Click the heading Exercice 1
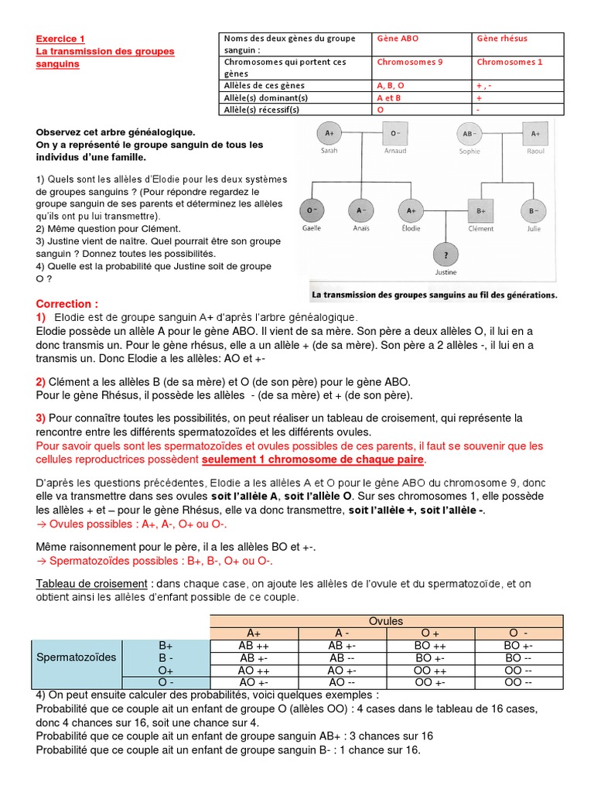click(x=61, y=39)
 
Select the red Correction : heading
click(x=67, y=304)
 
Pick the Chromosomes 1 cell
click(x=510, y=62)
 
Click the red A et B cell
click(x=389, y=98)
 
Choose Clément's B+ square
click(x=480, y=210)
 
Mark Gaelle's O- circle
click(x=312, y=210)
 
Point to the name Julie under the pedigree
click(x=534, y=227)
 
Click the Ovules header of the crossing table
click(x=385, y=621)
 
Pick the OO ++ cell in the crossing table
click(x=430, y=670)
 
